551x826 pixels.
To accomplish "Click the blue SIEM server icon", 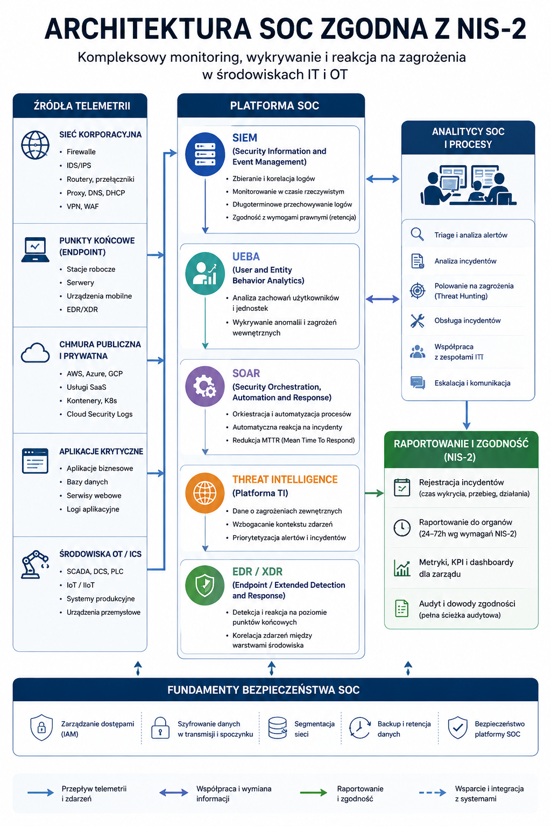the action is coord(205,154).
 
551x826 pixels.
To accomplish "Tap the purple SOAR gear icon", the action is coord(205,386).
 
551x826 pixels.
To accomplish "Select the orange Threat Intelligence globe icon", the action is coord(205,493).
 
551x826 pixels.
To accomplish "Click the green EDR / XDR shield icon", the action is coord(205,585).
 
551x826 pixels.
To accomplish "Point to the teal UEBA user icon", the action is coord(205,273).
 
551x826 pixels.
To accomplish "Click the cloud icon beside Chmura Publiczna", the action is coord(35,353).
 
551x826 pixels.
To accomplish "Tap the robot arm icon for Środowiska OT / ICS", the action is coord(34,564).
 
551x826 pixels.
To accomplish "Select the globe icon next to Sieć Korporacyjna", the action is coord(35,145).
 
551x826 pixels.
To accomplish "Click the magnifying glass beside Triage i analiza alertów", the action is coord(417,234).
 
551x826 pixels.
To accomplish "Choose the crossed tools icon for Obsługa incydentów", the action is coord(418,321).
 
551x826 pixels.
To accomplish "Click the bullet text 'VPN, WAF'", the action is coord(83,206).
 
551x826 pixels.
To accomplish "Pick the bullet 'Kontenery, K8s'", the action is coord(92,401).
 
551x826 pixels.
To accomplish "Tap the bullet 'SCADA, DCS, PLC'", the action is coord(95,571).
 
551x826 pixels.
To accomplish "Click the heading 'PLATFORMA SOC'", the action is coord(274,106).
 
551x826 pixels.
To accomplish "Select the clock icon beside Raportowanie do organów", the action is coord(401,528).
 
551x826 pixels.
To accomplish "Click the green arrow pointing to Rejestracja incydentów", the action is coord(374,493).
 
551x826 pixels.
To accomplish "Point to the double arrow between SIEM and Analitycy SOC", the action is coord(383,179).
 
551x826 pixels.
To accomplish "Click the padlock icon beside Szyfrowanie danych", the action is coord(160,728).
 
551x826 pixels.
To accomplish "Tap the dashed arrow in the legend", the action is coord(433,793).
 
